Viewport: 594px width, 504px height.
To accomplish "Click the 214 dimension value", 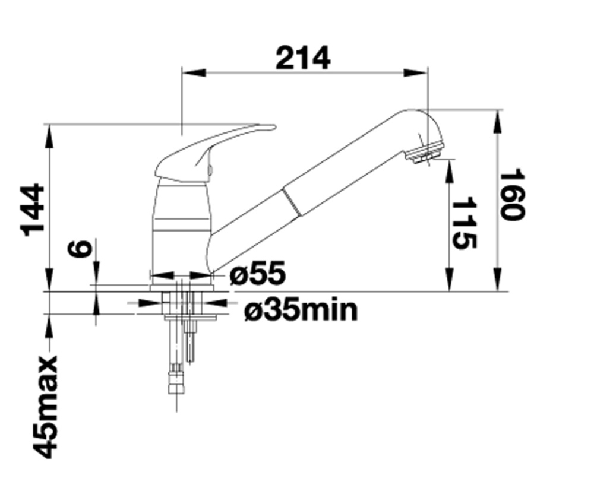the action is [303, 58].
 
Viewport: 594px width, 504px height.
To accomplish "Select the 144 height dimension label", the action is [33, 210].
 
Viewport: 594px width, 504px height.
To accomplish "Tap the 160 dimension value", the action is [513, 195].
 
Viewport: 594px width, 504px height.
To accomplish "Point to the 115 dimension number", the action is [464, 223].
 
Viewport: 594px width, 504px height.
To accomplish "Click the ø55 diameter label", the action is [258, 272].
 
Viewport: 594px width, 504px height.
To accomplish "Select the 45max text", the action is [46, 407].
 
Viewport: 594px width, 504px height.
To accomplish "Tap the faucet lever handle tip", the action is [273, 127].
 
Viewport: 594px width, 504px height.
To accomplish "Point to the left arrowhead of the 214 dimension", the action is [194, 72].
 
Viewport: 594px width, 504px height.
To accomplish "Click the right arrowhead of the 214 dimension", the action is [416, 72].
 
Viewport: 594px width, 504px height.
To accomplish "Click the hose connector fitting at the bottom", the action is [176, 383].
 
